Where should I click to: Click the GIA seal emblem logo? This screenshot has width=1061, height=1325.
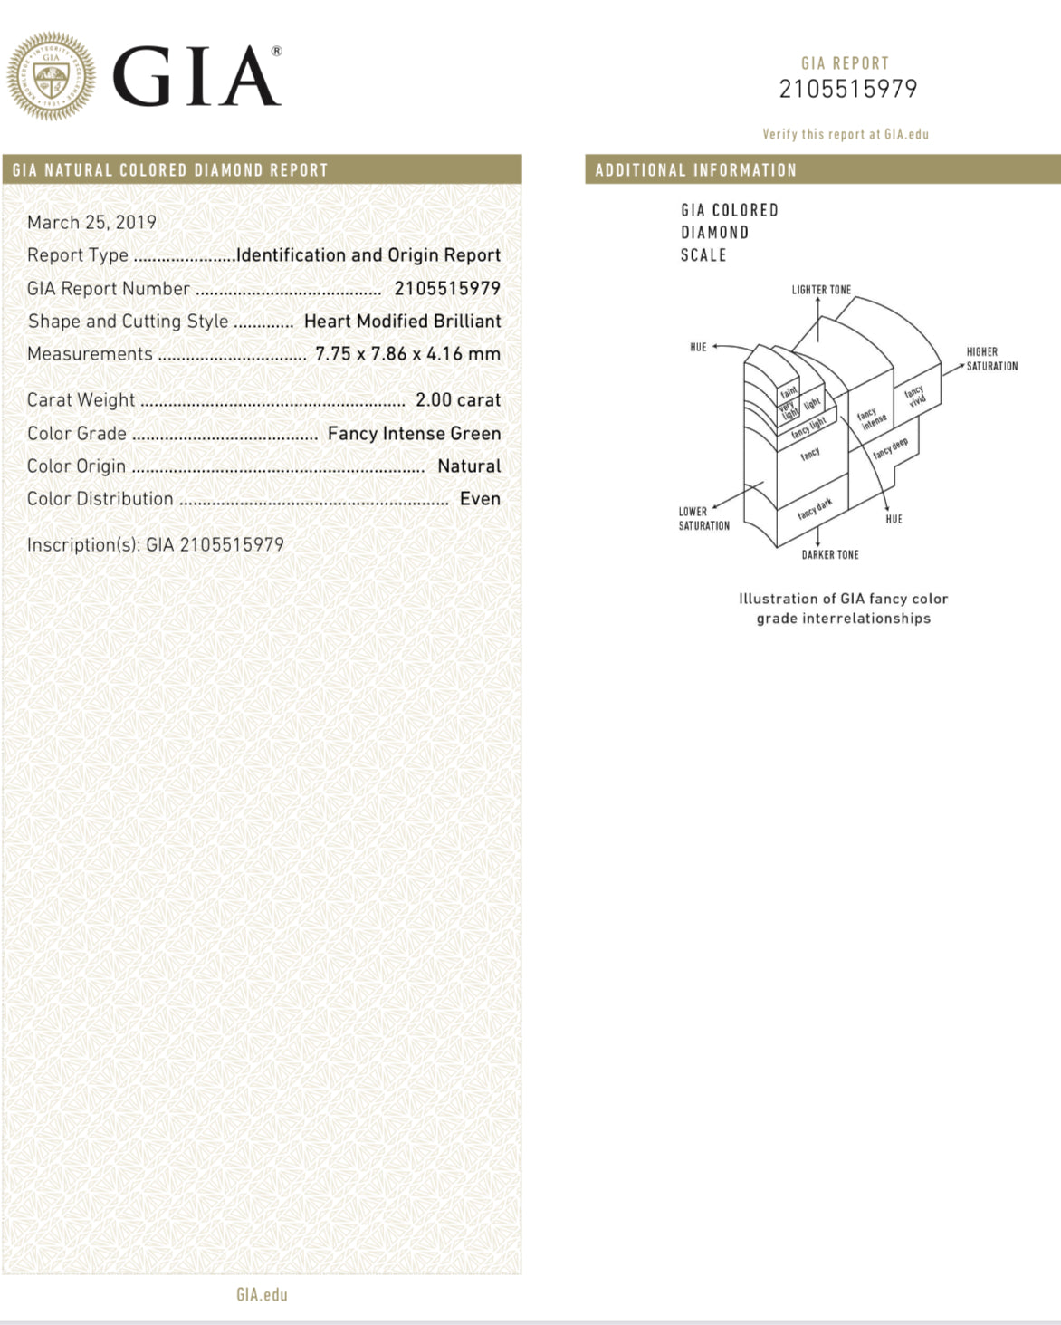[51, 76]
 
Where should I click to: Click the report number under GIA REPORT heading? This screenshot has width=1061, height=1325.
[847, 89]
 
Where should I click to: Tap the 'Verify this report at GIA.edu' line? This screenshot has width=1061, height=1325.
[846, 134]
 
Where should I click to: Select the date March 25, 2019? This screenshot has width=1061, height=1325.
[91, 222]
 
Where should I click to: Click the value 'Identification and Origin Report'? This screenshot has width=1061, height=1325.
[368, 255]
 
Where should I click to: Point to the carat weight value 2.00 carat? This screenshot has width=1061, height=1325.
[457, 399]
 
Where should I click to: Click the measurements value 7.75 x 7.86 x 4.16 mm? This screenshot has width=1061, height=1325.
[407, 353]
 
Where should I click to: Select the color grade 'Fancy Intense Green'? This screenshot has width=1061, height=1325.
[414, 433]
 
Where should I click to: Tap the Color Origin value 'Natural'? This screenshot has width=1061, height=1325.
[468, 466]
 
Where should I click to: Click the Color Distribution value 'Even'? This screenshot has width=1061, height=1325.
[480, 498]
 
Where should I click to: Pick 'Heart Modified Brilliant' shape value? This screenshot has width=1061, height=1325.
[402, 321]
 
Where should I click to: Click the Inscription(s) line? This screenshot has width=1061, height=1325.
[156, 544]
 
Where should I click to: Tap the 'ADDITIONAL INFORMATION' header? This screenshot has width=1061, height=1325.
[695, 169]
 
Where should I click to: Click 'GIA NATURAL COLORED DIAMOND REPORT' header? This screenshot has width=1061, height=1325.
[170, 169]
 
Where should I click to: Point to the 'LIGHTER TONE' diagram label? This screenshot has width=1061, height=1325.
[821, 290]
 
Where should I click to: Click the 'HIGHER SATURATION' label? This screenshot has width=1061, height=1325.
[991, 359]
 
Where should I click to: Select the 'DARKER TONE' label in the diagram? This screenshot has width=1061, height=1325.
[829, 554]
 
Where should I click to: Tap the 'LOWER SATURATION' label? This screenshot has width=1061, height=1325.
[703, 518]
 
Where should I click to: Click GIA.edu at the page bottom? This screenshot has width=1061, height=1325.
[262, 1294]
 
